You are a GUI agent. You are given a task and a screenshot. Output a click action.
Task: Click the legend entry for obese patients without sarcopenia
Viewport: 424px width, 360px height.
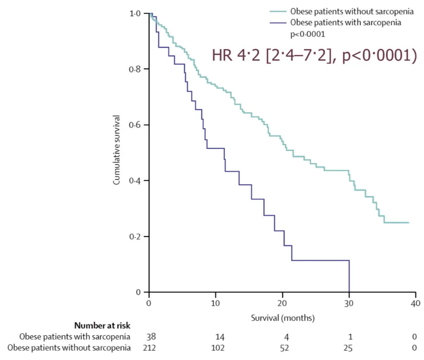tap(352, 12)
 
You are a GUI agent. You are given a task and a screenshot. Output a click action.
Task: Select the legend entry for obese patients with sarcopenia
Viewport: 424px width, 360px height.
tap(346, 22)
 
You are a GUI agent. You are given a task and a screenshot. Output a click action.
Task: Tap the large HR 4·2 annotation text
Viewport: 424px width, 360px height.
tap(313, 56)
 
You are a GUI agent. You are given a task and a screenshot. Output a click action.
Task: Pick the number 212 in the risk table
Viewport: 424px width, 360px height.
tap(149, 348)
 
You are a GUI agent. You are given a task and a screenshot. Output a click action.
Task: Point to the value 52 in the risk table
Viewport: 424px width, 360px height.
tap(282, 348)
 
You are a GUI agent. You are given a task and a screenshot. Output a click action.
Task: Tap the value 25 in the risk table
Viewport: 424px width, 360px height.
tap(349, 348)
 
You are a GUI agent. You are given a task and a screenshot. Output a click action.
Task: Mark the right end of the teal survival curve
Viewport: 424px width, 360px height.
tap(408, 222)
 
